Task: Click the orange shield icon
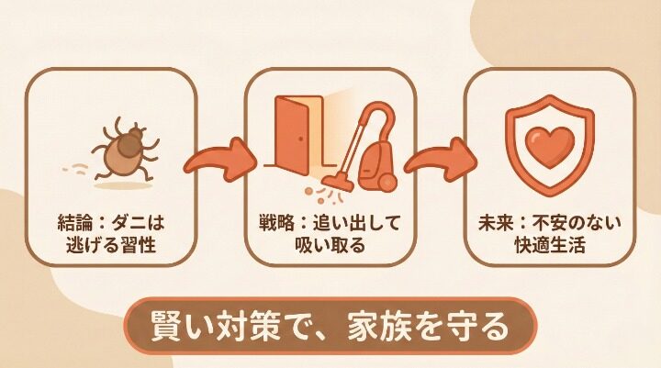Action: [547, 147]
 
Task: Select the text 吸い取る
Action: [330, 246]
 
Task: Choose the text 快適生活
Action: [549, 246]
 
